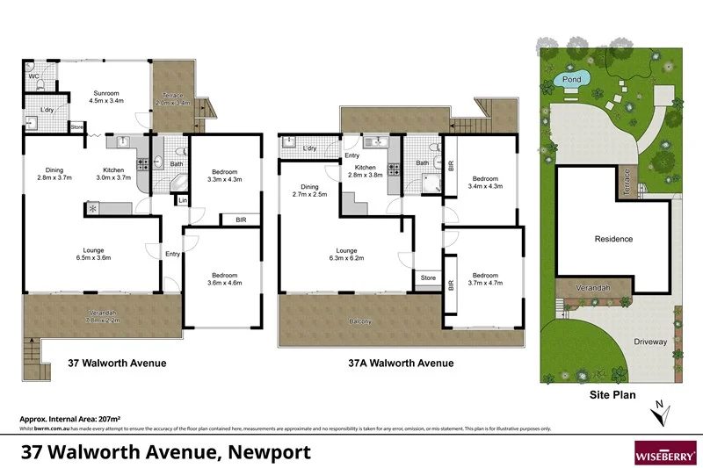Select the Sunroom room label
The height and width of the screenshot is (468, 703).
(105, 91)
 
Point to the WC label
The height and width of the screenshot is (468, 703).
(33, 76)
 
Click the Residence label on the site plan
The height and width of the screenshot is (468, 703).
(613, 239)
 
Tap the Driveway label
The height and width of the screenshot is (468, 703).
(650, 342)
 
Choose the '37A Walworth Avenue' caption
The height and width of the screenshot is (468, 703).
(402, 363)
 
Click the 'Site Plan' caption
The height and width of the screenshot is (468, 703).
(612, 395)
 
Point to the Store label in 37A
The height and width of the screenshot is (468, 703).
(428, 278)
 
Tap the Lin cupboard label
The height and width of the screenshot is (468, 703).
(182, 201)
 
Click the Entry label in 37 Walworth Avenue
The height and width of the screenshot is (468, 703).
(173, 254)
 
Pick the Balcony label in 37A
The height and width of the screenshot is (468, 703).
(359, 321)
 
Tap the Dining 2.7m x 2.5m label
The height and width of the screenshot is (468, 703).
(309, 191)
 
